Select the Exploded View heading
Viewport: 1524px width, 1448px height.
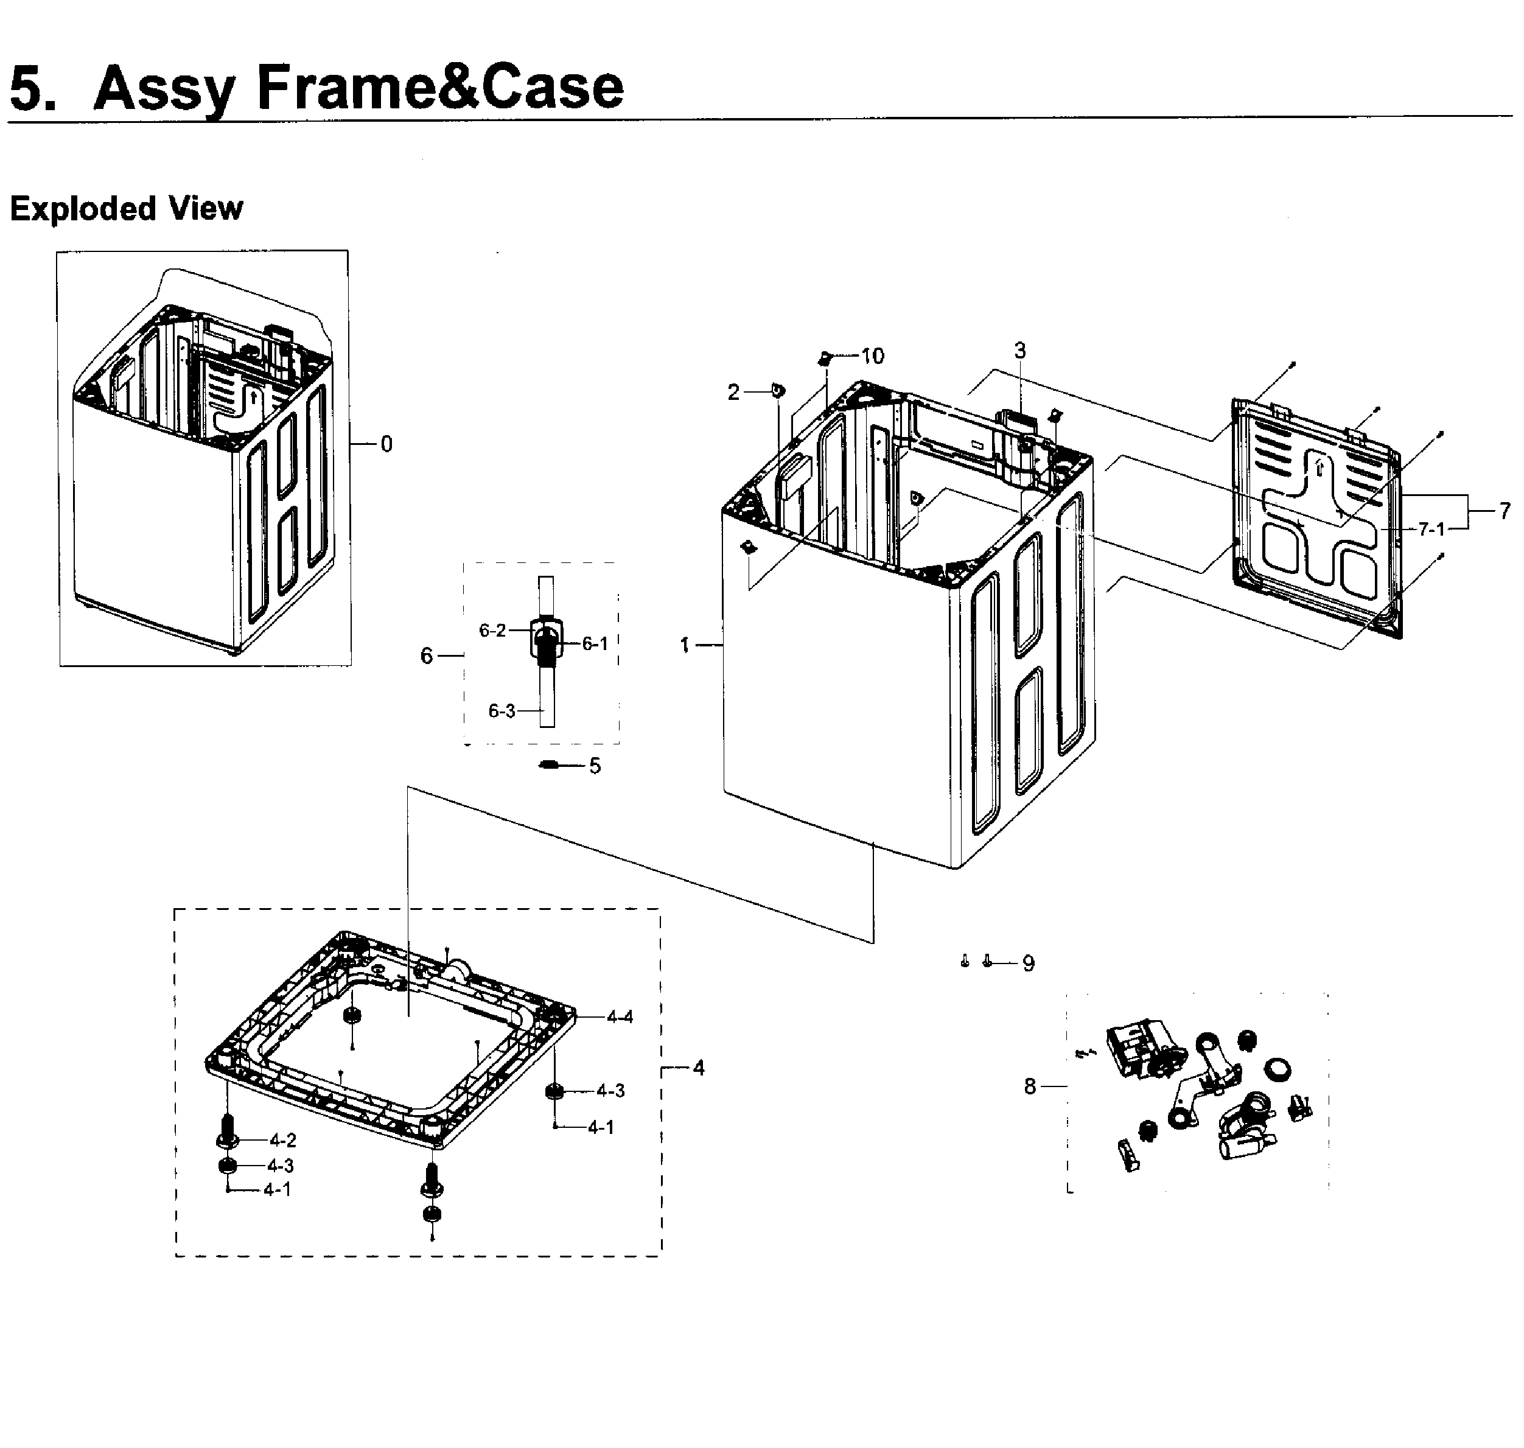point(126,208)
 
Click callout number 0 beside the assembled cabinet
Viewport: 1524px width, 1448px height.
point(386,444)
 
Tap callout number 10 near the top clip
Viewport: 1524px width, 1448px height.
point(872,356)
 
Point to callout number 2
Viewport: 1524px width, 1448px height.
point(733,392)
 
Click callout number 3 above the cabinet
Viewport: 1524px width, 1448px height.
point(1019,351)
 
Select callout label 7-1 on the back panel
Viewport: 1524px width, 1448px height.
point(1431,529)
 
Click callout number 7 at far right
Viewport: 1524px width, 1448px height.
point(1504,510)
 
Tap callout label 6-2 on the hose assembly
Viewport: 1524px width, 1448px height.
point(492,631)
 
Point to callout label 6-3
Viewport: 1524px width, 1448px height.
point(502,711)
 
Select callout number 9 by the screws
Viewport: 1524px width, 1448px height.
point(1028,964)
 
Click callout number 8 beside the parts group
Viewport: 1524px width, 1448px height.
point(1029,1087)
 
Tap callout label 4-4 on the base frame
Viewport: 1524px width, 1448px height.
point(620,1017)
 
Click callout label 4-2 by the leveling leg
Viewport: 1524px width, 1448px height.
point(282,1140)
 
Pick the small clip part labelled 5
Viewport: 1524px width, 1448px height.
point(548,765)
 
